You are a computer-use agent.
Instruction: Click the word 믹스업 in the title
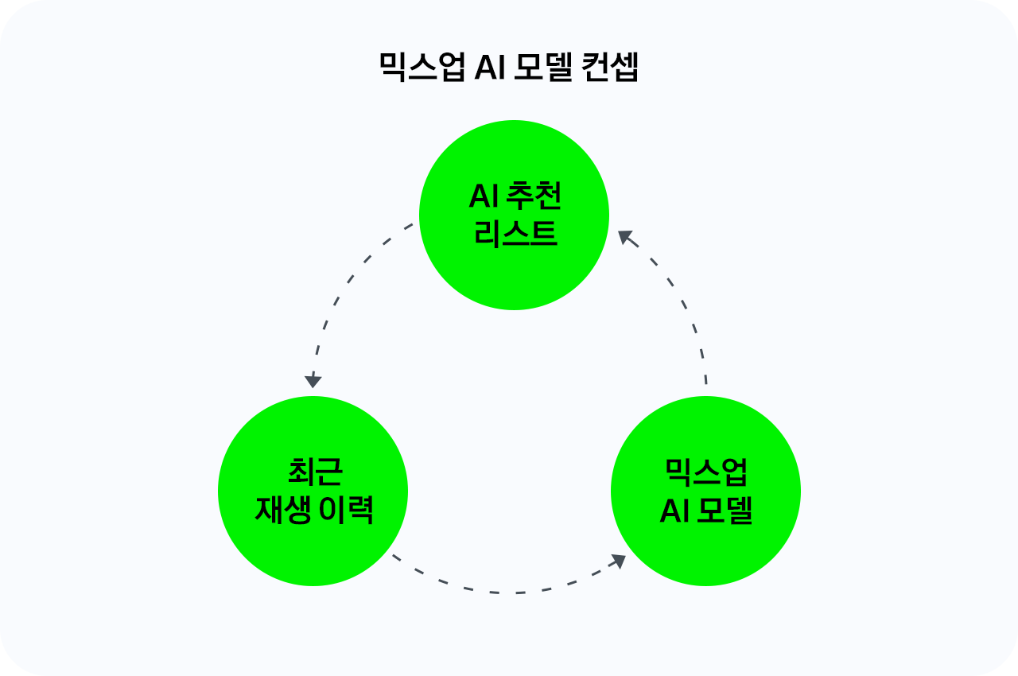422,68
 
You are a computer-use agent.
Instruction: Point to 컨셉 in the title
611,68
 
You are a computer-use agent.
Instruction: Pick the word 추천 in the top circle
534,196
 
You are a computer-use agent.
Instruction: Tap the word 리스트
515,234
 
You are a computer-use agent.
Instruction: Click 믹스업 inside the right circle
706,472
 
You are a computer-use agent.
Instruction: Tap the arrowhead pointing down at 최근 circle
313,380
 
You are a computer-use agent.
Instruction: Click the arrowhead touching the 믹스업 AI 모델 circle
617,561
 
